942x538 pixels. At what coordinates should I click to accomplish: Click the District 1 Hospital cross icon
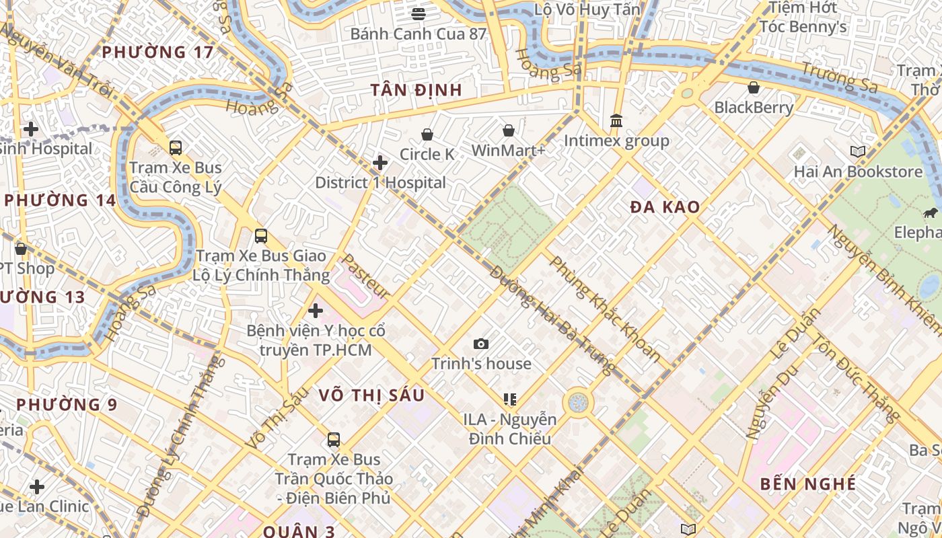tap(380, 163)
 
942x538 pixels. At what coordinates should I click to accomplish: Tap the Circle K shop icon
tap(427, 135)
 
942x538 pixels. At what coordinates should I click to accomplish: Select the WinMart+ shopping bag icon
tap(509, 130)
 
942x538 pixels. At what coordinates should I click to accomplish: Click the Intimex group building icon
tap(616, 121)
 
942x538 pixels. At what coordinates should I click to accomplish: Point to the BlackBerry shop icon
tap(754, 87)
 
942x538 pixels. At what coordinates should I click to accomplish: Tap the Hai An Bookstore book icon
tap(857, 152)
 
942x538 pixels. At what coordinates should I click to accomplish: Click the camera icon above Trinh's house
tap(481, 344)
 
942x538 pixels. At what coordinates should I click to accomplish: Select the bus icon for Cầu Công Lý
tap(176, 148)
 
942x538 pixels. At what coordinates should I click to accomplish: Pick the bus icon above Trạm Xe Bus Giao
tap(261, 236)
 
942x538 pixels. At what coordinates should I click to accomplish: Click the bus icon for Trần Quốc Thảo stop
tap(334, 440)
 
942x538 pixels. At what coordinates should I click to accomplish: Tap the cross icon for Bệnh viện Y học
tap(316, 311)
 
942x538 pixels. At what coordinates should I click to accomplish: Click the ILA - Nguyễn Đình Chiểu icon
tap(510, 399)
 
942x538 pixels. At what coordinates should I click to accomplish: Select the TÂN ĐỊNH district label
tap(416, 90)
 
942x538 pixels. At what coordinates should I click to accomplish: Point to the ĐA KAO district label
tap(665, 207)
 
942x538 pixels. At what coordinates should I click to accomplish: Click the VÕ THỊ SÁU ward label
tap(372, 395)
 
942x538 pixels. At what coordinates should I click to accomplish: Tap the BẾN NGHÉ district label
tap(808, 484)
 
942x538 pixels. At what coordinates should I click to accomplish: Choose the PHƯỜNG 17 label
tap(157, 52)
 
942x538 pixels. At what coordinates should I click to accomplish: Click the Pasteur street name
tap(365, 276)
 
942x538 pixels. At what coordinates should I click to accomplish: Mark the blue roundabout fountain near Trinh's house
tap(578, 403)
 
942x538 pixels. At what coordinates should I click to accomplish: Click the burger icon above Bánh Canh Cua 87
tap(419, 13)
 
